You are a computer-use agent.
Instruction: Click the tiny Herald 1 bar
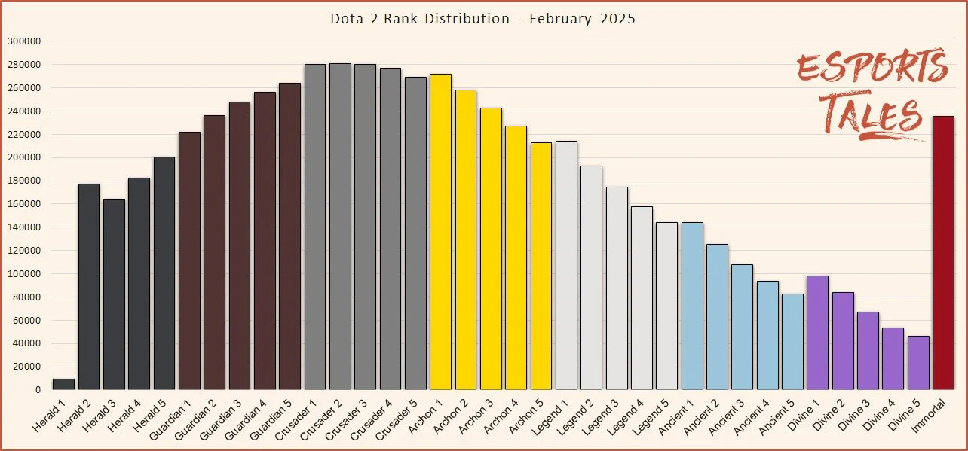[x=63, y=385]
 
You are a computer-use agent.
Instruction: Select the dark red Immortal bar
[x=943, y=253]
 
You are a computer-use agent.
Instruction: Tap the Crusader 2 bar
[x=340, y=226]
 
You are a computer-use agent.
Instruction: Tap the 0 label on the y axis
[x=37, y=390]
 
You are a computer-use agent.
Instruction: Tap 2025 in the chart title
[x=617, y=19]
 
